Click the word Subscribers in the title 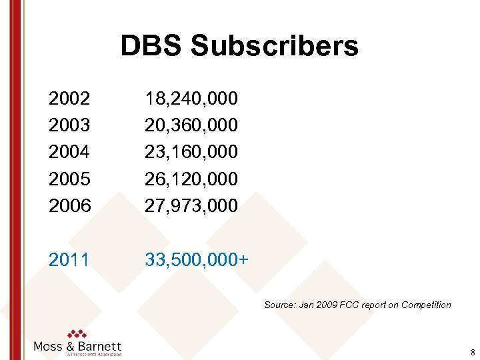coord(275,46)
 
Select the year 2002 coord(69,99)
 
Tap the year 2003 coord(69,125)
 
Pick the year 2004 coord(69,152)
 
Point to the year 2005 coord(69,179)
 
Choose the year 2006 coord(69,205)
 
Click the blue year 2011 coord(69,259)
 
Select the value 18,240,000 coord(191,99)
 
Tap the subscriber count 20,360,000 coord(191,125)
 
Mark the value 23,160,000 coord(191,152)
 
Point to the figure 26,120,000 coord(191,179)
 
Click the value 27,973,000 coord(191,205)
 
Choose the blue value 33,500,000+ coord(197,259)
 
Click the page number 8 coord(472,353)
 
